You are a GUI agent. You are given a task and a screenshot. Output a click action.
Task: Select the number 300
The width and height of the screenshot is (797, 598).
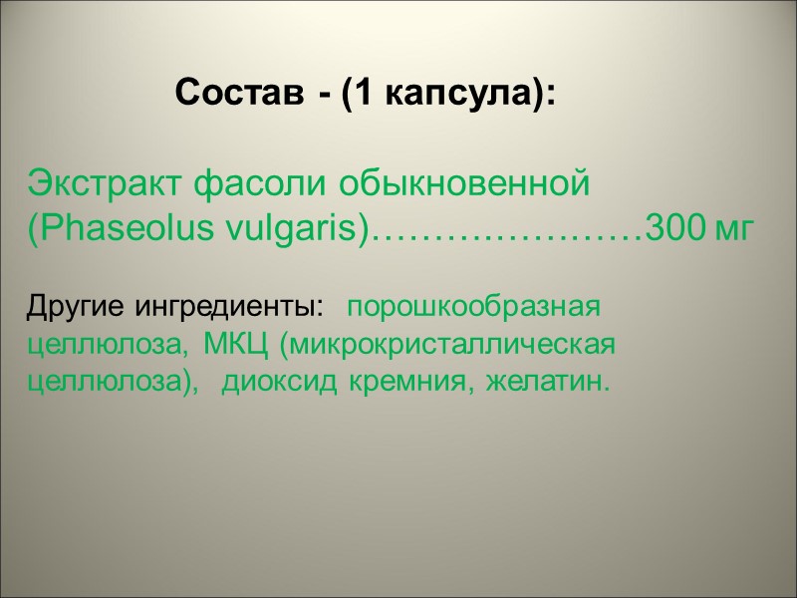(676, 228)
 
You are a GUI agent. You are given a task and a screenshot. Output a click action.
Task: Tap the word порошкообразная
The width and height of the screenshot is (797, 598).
(478, 306)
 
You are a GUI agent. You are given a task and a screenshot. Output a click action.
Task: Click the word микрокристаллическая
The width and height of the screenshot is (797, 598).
(446, 345)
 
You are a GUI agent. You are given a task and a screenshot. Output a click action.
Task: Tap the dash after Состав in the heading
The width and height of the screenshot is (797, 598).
(325, 97)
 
